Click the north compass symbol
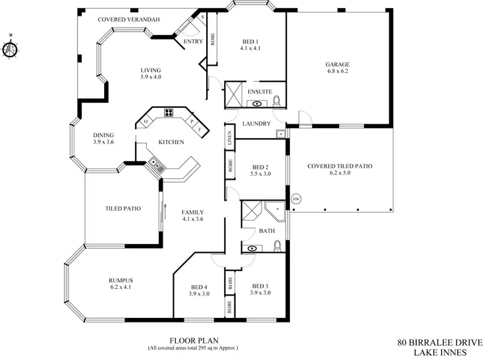(11, 49)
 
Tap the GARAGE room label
(337, 64)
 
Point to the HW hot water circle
(296, 198)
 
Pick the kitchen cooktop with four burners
(169, 112)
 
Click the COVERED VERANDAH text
(128, 20)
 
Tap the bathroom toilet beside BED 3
(277, 247)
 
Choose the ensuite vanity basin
(257, 103)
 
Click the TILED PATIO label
(123, 209)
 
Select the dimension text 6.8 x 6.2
(337, 72)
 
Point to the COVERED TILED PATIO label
(340, 167)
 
